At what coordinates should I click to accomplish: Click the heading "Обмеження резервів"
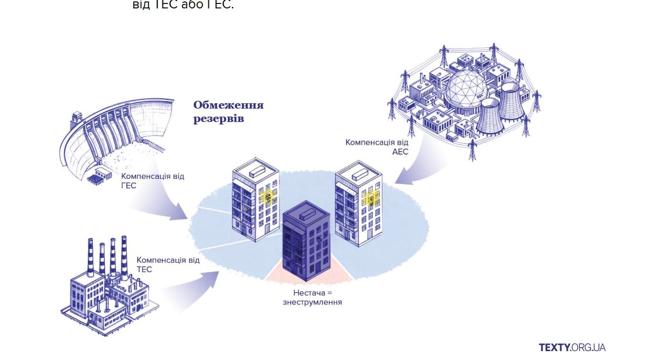coord(228,112)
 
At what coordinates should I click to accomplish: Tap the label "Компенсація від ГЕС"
coord(152,181)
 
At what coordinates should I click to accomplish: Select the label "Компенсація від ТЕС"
coord(168,264)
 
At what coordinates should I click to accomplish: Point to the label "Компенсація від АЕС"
coord(377,147)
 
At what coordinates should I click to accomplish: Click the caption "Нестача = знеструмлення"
coord(312,297)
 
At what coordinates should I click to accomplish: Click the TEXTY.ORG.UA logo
coord(572,347)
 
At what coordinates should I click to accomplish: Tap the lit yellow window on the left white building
coord(268,198)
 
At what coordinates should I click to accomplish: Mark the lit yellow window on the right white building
coord(371,199)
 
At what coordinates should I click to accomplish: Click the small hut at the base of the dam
coord(100,174)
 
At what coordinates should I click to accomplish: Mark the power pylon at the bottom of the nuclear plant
coord(472,149)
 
